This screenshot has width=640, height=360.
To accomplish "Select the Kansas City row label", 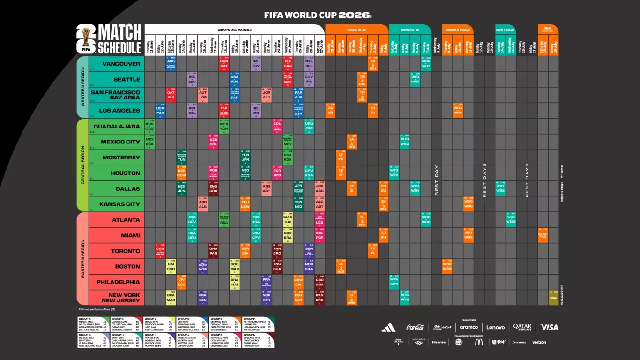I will click(119, 204).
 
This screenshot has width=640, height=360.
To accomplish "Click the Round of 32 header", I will click(356, 30).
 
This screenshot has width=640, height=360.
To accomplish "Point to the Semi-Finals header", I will click(505, 30).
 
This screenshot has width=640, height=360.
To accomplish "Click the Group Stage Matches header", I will click(234, 30).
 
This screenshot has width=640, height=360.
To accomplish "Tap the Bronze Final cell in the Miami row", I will click(543, 235).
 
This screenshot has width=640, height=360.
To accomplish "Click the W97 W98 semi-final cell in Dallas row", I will click(500, 188).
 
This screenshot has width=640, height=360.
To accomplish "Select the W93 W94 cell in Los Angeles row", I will click(458, 111).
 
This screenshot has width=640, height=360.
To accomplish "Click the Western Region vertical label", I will click(83, 87).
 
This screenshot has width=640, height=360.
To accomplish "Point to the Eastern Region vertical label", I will click(83, 259).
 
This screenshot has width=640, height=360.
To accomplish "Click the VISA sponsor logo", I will click(549, 327).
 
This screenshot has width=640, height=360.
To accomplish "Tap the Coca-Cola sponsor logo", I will click(415, 327).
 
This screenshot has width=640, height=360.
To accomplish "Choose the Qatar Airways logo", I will click(522, 327).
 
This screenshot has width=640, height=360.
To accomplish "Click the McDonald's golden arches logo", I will click(478, 342).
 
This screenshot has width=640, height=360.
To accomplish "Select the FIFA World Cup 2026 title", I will click(317, 15).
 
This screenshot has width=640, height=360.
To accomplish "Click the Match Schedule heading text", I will click(119, 40).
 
